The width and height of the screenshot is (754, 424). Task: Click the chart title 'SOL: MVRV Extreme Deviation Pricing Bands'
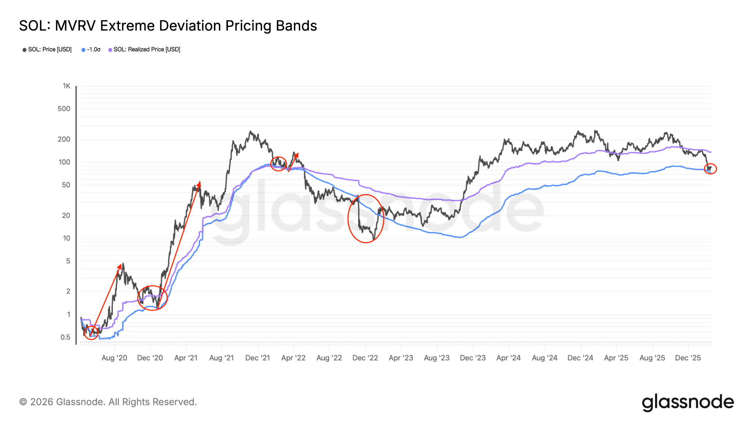coord(168,26)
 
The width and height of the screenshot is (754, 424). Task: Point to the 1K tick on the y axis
coord(66,86)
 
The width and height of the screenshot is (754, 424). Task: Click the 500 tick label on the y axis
coord(64,109)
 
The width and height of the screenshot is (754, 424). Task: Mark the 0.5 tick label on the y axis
coord(65,337)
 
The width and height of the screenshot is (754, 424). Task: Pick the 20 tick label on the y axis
coord(66,216)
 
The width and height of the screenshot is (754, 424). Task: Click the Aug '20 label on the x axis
coord(114,358)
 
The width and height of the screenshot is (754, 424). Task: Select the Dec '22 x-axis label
coord(365,358)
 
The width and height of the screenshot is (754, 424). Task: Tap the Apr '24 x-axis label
coord(508,358)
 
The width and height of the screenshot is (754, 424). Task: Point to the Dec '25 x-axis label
coord(688,358)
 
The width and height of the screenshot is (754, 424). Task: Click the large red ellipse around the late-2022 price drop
coord(366,219)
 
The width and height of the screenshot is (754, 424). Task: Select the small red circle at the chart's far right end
coord(710,169)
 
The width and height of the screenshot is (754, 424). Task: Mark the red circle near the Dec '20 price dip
coord(152,298)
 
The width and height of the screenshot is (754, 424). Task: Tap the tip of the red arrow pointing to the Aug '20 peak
coord(120,264)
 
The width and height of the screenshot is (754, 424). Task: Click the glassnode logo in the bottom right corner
coord(688,402)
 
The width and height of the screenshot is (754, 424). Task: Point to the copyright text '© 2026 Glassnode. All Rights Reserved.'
coord(108,402)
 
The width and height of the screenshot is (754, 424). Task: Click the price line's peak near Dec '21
coord(250,131)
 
